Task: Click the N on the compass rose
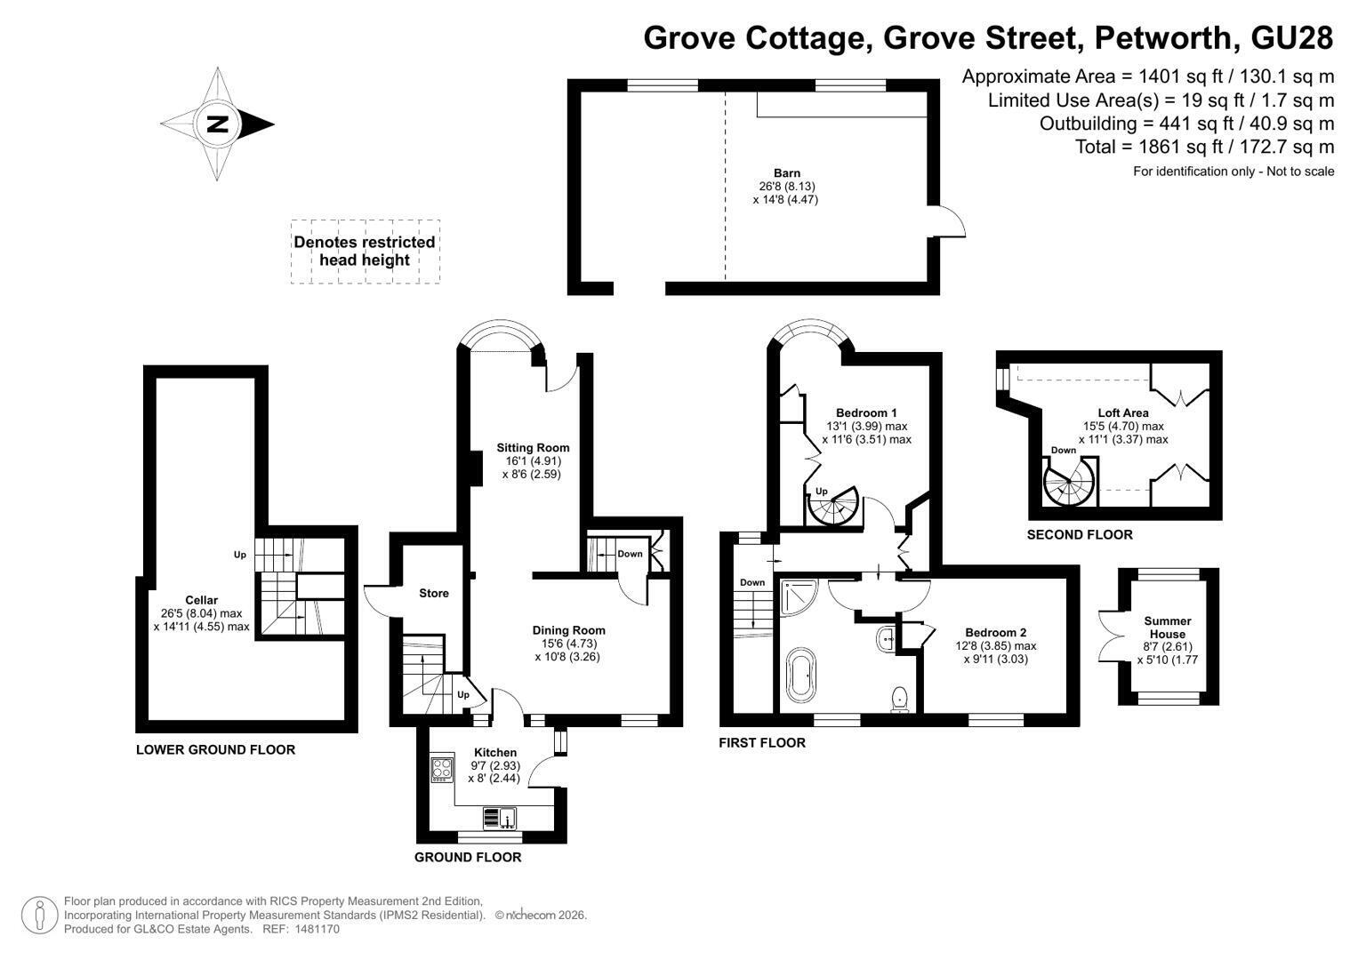218,124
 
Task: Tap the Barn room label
787,173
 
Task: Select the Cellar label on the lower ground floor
201,600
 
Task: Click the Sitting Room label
533,448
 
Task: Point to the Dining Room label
568,630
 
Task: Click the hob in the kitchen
442,769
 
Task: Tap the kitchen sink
500,818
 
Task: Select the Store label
434,594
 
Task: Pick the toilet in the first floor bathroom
900,699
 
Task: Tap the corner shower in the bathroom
799,597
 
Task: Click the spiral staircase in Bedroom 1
833,506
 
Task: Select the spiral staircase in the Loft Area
1070,482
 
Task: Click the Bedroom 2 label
996,633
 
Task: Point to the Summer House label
1168,628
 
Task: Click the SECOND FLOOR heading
1080,534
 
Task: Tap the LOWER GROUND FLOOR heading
216,749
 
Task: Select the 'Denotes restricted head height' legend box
365,252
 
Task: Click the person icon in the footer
39,916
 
